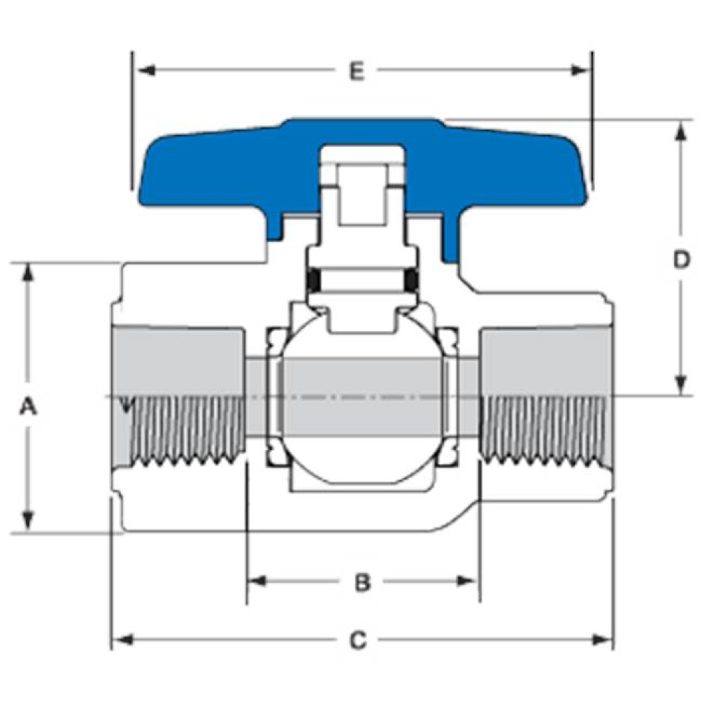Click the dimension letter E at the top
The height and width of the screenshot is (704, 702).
coord(357,71)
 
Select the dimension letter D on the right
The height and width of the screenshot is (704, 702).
coord(680,260)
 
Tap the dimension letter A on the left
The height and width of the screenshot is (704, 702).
coord(27,406)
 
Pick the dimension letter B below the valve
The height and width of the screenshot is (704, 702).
coord(362,582)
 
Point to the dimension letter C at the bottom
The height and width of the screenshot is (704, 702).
coord(358,640)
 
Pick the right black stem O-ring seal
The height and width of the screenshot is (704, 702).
coord(413,281)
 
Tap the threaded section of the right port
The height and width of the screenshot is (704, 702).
coord(545,429)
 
